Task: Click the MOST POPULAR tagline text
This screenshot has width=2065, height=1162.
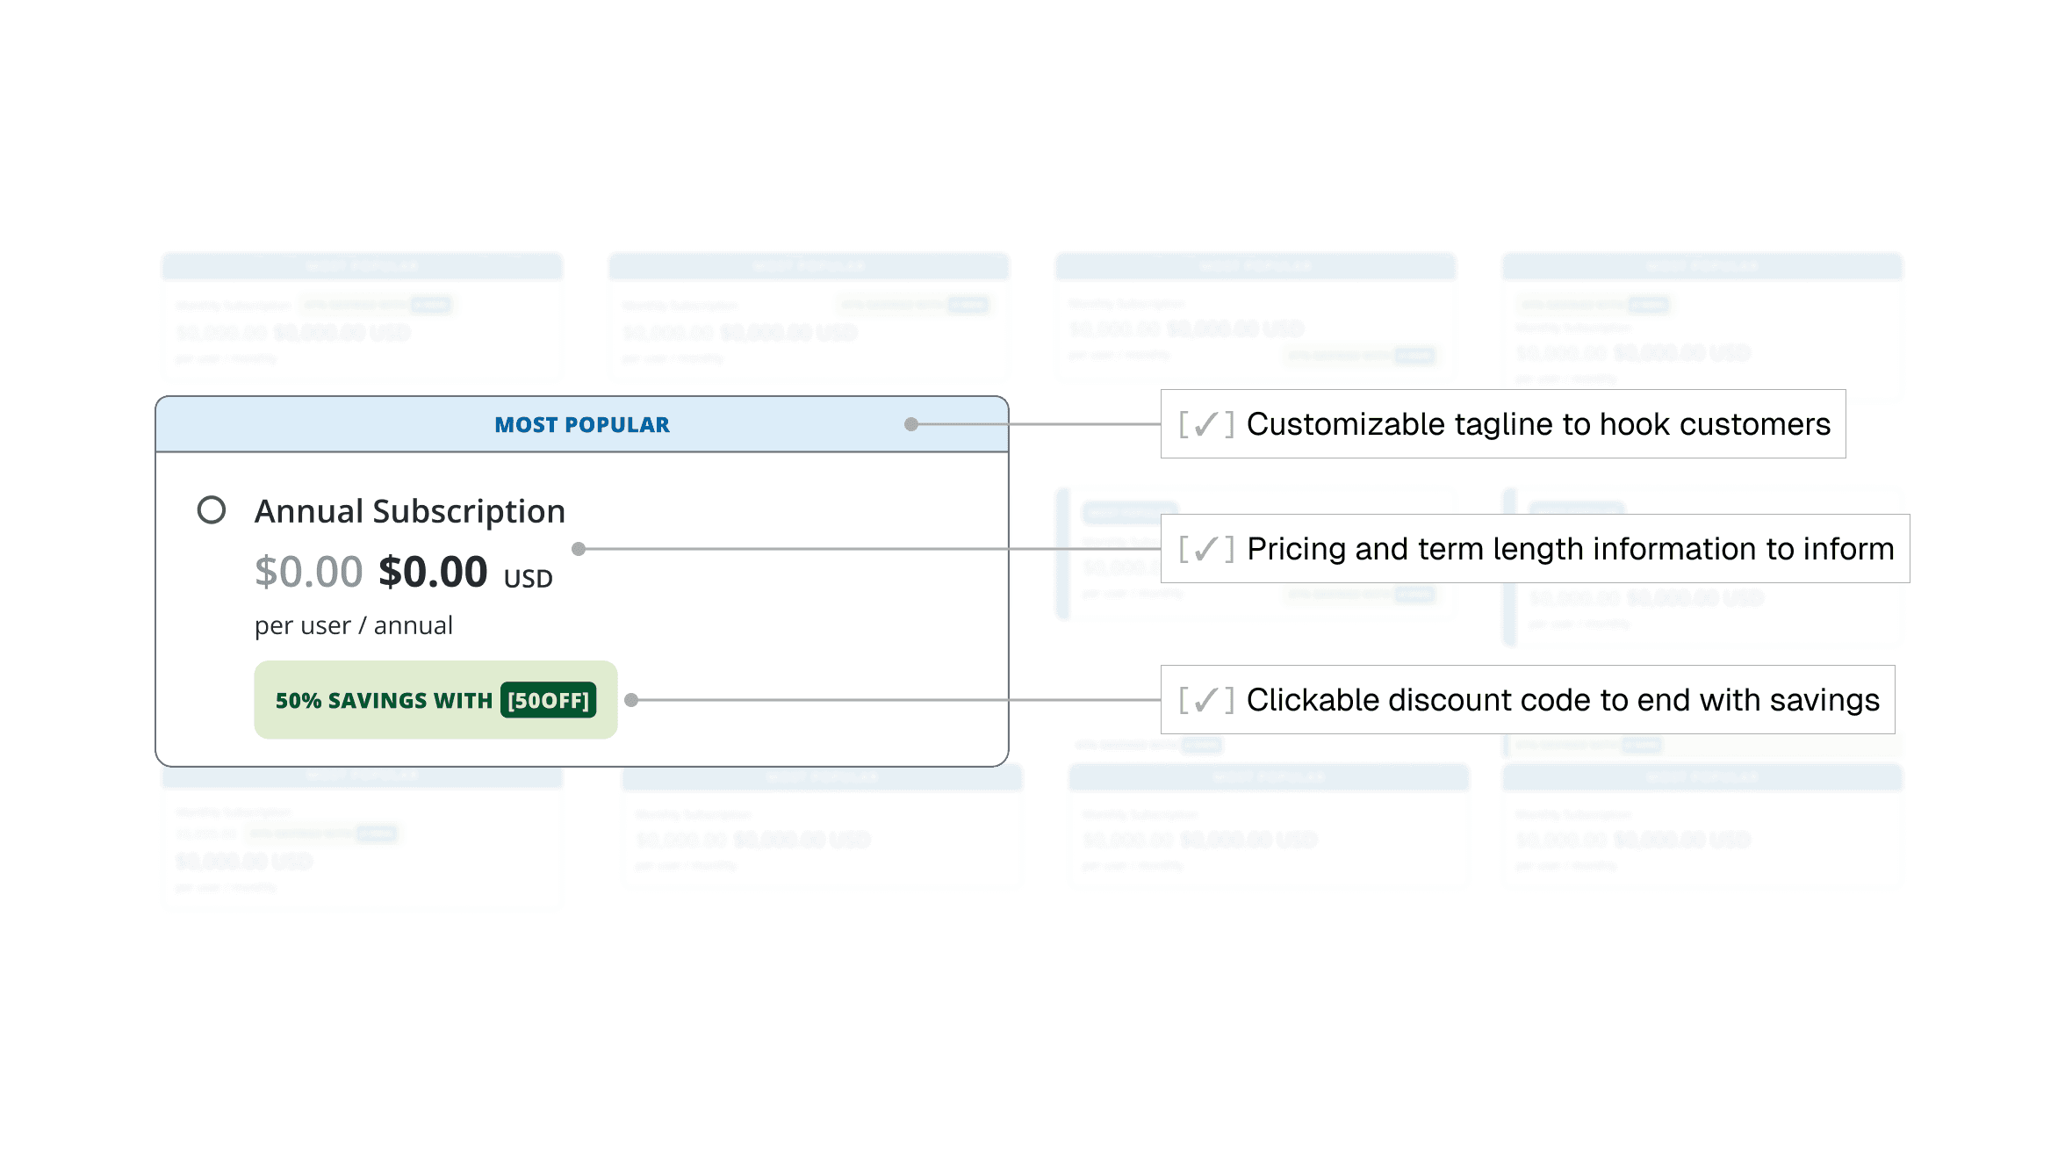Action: pyautogui.click(x=581, y=425)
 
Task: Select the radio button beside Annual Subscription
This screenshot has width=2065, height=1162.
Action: pyautogui.click(x=212, y=510)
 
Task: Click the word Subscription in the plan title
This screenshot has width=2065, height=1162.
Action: pyautogui.click(x=469, y=511)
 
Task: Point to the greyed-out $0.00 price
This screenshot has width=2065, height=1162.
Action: pyautogui.click(x=308, y=572)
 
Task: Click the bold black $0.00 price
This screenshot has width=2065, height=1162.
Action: pyautogui.click(x=433, y=572)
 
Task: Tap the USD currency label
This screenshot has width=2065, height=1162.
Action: pyautogui.click(x=528, y=579)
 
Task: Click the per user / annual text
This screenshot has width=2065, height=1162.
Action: pyautogui.click(x=354, y=625)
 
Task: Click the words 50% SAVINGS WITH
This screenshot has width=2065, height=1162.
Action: pyautogui.click(x=384, y=701)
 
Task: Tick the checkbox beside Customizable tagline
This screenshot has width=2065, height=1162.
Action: pyautogui.click(x=1206, y=425)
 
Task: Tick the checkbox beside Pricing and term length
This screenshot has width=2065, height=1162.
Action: pyautogui.click(x=1206, y=550)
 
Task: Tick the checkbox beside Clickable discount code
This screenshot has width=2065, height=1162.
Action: pyautogui.click(x=1206, y=701)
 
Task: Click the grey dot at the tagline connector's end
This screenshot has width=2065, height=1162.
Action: pyautogui.click(x=911, y=425)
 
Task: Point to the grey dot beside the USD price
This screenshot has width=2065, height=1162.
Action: pyautogui.click(x=579, y=549)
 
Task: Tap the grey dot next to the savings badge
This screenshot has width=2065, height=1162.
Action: pyautogui.click(x=631, y=700)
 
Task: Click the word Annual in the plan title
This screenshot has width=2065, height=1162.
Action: pyautogui.click(x=308, y=511)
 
